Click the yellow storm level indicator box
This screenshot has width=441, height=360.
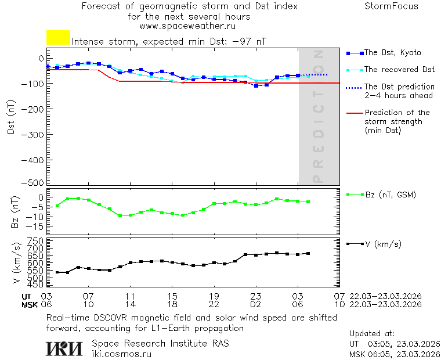58,38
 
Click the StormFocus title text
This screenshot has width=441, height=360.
391,6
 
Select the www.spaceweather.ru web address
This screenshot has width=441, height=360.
187,26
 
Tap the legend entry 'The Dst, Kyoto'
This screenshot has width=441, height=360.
392,53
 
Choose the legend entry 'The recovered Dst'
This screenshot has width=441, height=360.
399,70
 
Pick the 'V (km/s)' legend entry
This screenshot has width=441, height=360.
382,244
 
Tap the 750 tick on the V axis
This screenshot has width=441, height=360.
36,241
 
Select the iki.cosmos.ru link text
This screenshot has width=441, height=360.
121,354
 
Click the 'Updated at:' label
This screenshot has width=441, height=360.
372,334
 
